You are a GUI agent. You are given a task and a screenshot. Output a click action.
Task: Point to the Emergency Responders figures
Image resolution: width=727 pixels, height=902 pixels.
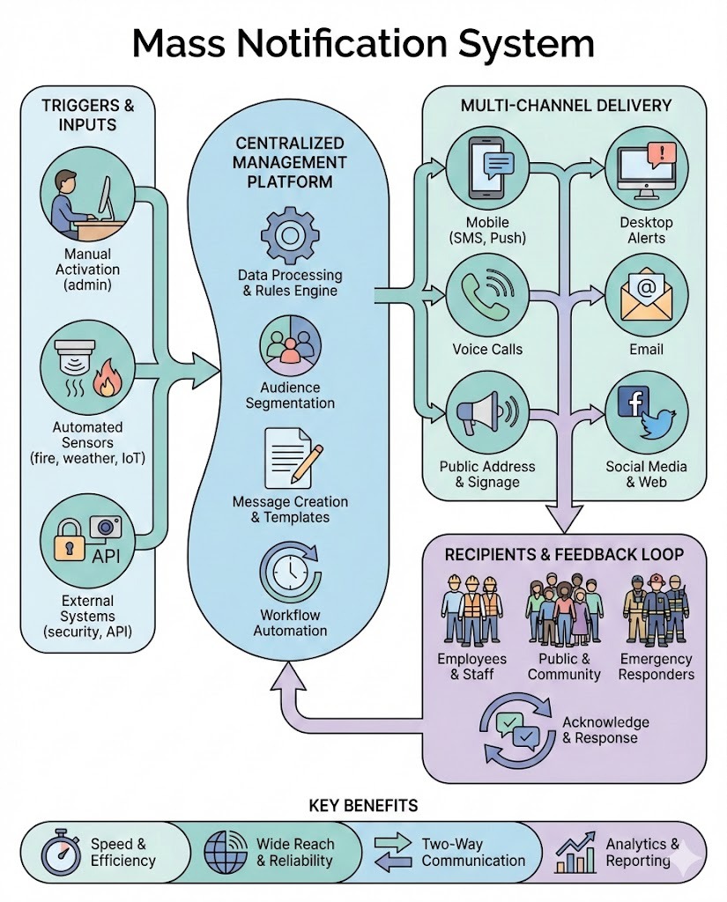click(x=656, y=610)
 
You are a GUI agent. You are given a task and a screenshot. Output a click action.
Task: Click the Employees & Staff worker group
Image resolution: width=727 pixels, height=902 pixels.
click(x=471, y=610)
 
